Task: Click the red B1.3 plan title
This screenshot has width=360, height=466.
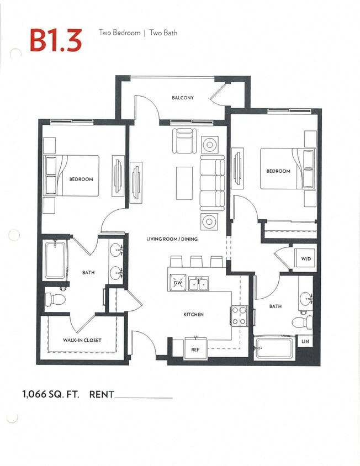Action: pos(56,40)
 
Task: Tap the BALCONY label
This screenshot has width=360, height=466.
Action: pos(183,98)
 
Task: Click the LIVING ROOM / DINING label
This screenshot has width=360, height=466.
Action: pos(172,239)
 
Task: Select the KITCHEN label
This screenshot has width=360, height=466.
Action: pos(193,314)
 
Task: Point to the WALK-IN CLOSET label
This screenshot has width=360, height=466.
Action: pos(82,340)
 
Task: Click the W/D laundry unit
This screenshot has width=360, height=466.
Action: pos(305,258)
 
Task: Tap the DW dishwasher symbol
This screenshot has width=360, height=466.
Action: pos(177,283)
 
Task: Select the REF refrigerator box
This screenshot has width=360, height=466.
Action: pos(195,349)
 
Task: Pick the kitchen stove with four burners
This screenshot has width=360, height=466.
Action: pos(239,316)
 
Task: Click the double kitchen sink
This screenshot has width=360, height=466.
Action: pos(198,284)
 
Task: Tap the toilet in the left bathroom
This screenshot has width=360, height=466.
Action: pos(55,300)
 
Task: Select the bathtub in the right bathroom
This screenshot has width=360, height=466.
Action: pos(274,348)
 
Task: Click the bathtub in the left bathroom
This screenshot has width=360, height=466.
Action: pos(55,260)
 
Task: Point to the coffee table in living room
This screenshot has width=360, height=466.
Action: pos(184,183)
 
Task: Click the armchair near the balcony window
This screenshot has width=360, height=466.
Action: pos(184,140)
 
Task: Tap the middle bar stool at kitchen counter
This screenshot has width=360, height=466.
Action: pos(196,261)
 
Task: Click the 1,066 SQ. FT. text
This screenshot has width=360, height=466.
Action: pos(51,394)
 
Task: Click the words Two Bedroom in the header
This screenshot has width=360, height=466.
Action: pos(118,33)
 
